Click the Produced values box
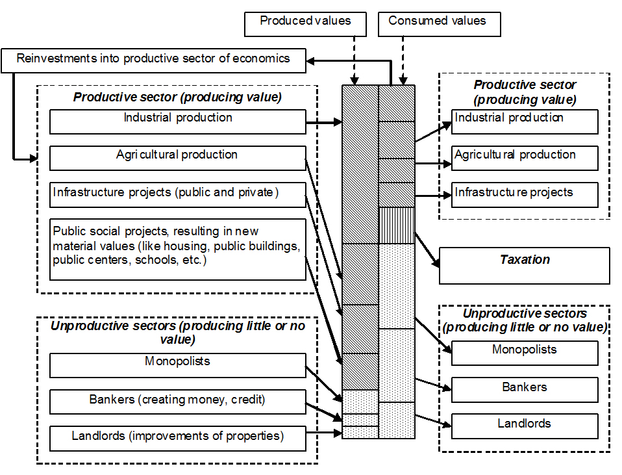[x=305, y=23]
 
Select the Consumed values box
[x=440, y=23]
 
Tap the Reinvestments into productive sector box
[x=153, y=60]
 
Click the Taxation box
[x=525, y=265]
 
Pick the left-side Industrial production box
[x=177, y=122]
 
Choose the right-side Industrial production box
[x=525, y=122]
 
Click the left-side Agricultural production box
[x=177, y=158]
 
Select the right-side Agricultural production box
[x=525, y=158]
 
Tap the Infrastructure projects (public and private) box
[x=177, y=194]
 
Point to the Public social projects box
[x=177, y=249]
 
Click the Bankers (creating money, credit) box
[x=177, y=402]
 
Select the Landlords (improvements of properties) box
[x=177, y=439]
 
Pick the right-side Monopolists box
[x=525, y=353]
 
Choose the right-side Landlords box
[x=525, y=426]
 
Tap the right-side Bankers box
[x=525, y=390]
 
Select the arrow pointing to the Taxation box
[x=427, y=250]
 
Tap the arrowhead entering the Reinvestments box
[x=311, y=60]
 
